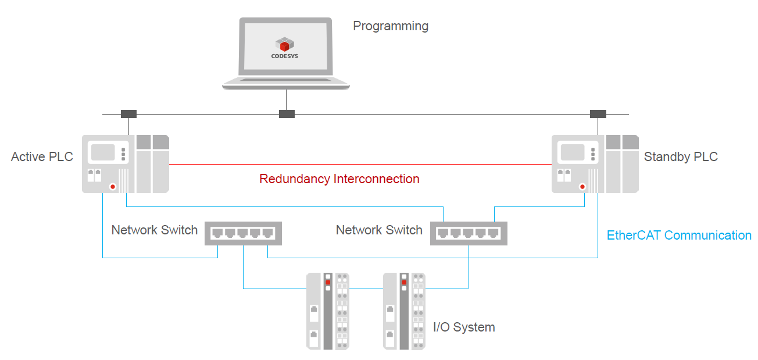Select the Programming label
[391, 26]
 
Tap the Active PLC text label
[42, 157]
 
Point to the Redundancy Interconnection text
[339, 179]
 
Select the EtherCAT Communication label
[679, 236]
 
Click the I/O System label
[464, 327]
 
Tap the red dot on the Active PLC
[112, 187]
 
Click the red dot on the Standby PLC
[582, 187]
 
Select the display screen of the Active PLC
[102, 152]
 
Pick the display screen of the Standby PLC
[572, 152]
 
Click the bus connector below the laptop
[287, 114]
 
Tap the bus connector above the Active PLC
[128, 114]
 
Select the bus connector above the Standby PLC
[598, 114]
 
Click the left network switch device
[243, 233]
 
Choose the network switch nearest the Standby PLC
[469, 233]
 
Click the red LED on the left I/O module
[328, 282]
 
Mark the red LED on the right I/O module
[404, 283]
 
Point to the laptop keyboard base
[285, 83]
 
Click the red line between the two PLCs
[360, 165]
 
